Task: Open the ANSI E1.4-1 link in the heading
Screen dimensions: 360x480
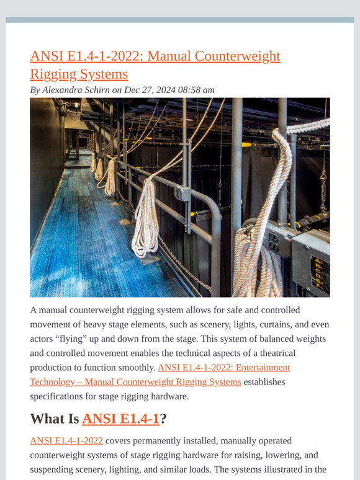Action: pyautogui.click(x=120, y=419)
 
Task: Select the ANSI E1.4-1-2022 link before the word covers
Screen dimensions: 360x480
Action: pyautogui.click(x=66, y=441)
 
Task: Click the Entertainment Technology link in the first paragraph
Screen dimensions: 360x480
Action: pyautogui.click(x=224, y=368)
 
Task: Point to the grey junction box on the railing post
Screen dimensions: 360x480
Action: pyautogui.click(x=182, y=193)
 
